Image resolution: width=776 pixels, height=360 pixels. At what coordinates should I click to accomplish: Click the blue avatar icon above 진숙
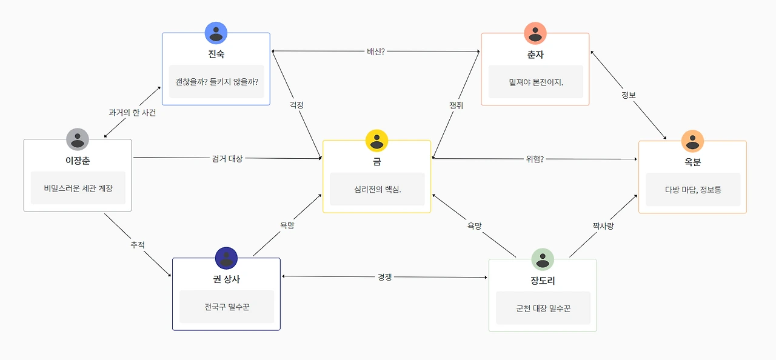[x=216, y=33]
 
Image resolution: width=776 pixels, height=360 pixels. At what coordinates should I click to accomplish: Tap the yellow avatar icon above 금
[x=376, y=141]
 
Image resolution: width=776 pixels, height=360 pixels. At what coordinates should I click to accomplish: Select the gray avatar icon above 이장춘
[x=78, y=139]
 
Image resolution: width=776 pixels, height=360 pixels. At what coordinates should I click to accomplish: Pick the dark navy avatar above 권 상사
[x=226, y=258]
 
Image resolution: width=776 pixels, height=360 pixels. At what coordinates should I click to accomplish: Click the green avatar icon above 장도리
[x=543, y=259]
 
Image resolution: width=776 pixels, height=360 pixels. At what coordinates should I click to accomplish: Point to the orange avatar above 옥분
[x=692, y=141]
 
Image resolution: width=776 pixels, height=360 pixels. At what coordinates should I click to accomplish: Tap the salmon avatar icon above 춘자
[x=535, y=33]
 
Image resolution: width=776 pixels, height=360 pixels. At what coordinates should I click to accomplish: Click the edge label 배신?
[x=376, y=52]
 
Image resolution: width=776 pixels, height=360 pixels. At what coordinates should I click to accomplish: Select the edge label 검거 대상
[x=227, y=159]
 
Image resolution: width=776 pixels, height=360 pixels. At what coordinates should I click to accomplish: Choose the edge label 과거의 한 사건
[x=132, y=113]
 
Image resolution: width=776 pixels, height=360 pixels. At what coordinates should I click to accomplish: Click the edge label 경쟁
[x=385, y=277]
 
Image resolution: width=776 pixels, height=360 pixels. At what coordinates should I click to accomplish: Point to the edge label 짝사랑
[x=603, y=226]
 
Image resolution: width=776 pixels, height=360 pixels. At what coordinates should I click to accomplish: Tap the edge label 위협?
[x=534, y=159]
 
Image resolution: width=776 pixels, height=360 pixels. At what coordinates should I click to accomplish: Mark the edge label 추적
[x=138, y=245]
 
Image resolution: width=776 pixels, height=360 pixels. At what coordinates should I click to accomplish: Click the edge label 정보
[x=629, y=95]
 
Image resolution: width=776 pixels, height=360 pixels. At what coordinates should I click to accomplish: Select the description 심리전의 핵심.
[x=377, y=189]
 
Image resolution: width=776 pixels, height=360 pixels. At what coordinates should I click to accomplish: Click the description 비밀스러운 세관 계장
[x=78, y=188]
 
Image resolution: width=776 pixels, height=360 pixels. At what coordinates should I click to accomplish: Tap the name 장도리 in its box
[x=543, y=281]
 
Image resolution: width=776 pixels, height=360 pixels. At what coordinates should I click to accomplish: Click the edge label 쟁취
[x=456, y=105]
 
